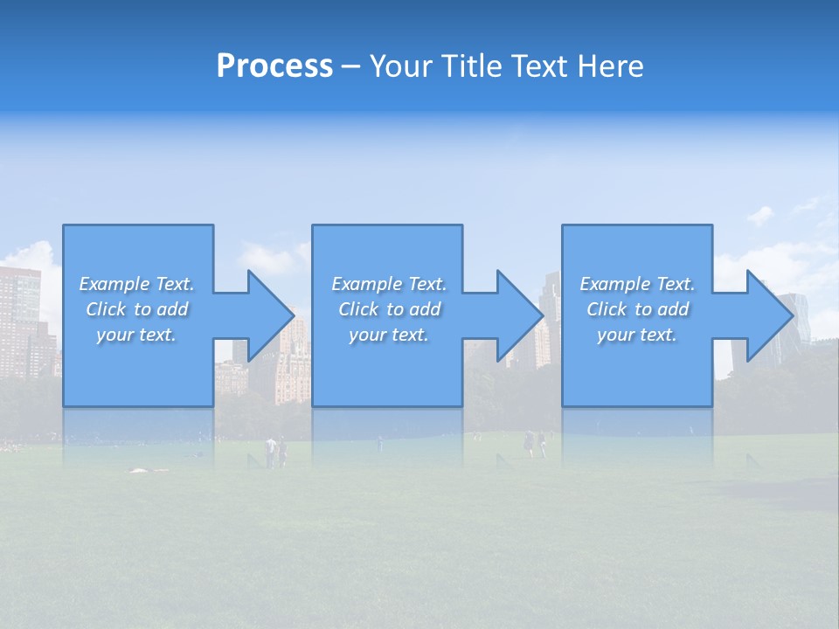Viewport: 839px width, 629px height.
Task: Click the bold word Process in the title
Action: point(274,66)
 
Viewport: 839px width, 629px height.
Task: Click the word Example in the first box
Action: point(114,284)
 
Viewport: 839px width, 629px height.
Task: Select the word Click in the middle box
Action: point(358,309)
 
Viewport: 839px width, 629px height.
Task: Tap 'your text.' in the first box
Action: point(136,335)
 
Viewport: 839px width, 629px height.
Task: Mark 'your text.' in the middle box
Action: point(389,335)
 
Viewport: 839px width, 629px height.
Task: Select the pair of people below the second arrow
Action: point(534,444)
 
